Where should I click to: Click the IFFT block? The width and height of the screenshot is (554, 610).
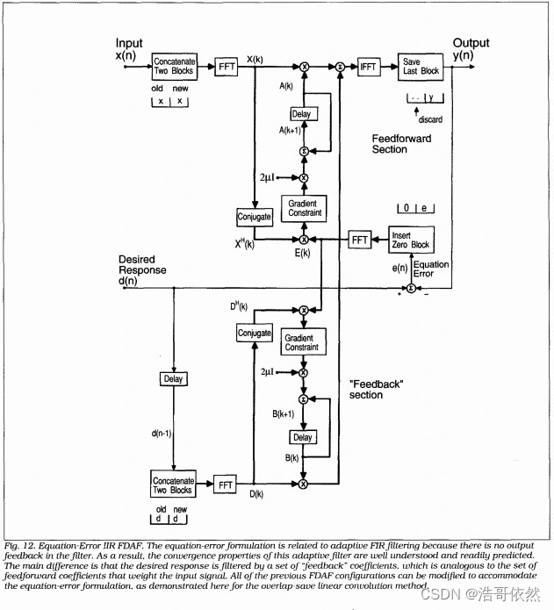[369, 66]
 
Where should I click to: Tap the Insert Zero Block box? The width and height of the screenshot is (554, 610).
[410, 239]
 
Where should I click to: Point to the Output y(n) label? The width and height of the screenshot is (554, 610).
[471, 49]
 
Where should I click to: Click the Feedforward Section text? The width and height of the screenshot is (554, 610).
[401, 144]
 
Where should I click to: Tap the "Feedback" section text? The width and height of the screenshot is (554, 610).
[377, 389]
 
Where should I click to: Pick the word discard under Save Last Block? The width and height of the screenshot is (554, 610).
[430, 120]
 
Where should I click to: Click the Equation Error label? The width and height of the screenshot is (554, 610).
[430, 269]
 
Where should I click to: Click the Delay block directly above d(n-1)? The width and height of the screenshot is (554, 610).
[172, 378]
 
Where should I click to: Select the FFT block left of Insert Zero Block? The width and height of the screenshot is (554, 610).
[359, 239]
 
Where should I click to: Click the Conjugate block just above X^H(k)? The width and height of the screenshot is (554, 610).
[254, 216]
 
